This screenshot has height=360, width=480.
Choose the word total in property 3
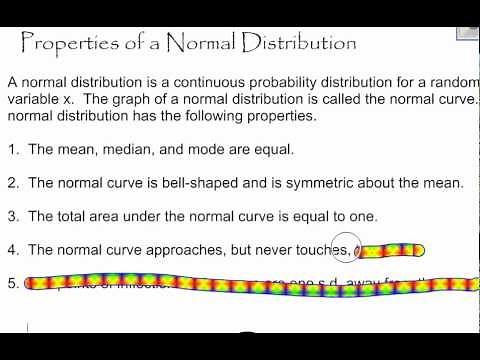78,216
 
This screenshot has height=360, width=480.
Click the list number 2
12,183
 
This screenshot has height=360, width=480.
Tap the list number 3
12,216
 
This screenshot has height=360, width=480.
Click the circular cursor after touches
367,250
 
